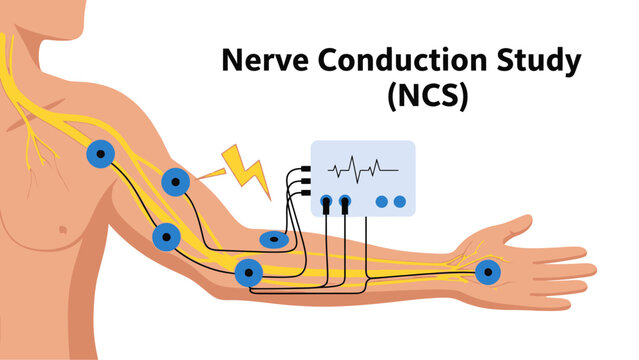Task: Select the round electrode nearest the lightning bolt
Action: pyautogui.click(x=177, y=182)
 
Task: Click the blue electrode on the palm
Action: pyautogui.click(x=487, y=271)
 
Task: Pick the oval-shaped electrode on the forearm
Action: pyautogui.click(x=274, y=239)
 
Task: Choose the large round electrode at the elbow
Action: pyautogui.click(x=248, y=271)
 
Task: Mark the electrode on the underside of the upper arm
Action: pyautogui.click(x=166, y=237)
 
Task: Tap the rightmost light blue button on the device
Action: pyautogui.click(x=400, y=202)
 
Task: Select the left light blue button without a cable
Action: pyautogui.click(x=382, y=202)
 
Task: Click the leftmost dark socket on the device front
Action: pyautogui.click(x=327, y=202)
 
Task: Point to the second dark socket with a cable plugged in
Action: pyautogui.click(x=345, y=202)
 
